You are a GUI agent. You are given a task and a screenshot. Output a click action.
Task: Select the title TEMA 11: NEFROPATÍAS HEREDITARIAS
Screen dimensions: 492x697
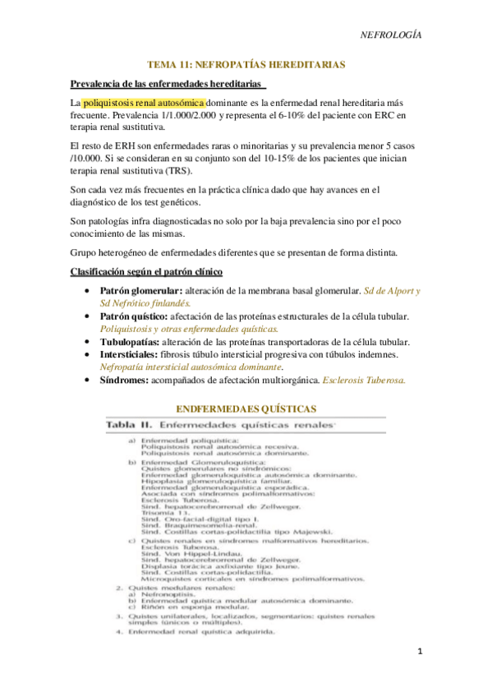coord(246,63)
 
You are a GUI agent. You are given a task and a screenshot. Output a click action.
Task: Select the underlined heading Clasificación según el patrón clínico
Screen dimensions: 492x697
coord(147,271)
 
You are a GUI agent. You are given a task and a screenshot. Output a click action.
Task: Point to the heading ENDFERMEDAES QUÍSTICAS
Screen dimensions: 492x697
coord(246,408)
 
